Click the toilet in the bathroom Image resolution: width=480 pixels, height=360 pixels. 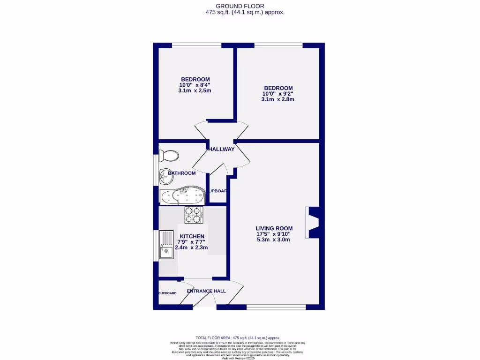point(169,156)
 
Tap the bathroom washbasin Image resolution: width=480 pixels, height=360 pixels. point(166,175)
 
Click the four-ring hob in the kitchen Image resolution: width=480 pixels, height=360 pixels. point(194,215)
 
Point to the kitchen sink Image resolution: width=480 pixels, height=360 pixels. point(166,245)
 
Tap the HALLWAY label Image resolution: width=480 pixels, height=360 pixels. point(221,150)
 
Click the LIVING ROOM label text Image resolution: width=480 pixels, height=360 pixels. point(274,228)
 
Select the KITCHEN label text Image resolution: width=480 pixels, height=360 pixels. point(192,236)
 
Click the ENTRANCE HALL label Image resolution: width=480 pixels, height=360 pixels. point(206,291)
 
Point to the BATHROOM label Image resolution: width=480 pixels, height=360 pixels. point(182,173)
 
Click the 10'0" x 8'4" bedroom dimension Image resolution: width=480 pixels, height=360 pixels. point(195,85)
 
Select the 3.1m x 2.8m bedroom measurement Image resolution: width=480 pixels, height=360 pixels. point(277,99)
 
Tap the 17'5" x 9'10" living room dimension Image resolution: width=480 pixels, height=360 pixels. point(274,234)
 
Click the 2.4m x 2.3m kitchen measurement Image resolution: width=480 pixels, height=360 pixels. point(191,247)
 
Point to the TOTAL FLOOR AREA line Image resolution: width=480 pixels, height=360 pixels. point(238,337)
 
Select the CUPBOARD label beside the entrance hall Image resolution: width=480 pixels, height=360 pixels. point(167,293)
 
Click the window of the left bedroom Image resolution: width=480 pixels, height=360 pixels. point(196,45)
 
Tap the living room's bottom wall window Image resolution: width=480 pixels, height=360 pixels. point(276,307)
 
